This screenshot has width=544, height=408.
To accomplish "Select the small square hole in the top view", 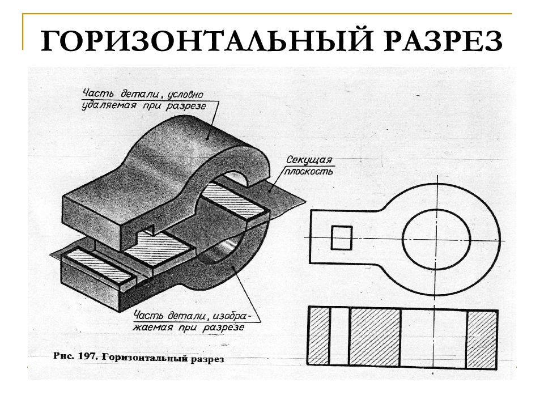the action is coord(341,237).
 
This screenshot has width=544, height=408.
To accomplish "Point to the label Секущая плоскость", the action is coord(308,165).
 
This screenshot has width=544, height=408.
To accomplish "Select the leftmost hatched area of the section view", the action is coord(319,336).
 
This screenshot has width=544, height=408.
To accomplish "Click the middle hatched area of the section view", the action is coord(375,337).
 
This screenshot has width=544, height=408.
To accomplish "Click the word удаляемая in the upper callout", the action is coord(109,105).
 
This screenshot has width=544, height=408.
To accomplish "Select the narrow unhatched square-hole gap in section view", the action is coord(339,336).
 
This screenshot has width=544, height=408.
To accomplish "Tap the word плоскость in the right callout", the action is coord(308,171).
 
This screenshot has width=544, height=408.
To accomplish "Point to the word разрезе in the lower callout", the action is coord(223,327).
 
